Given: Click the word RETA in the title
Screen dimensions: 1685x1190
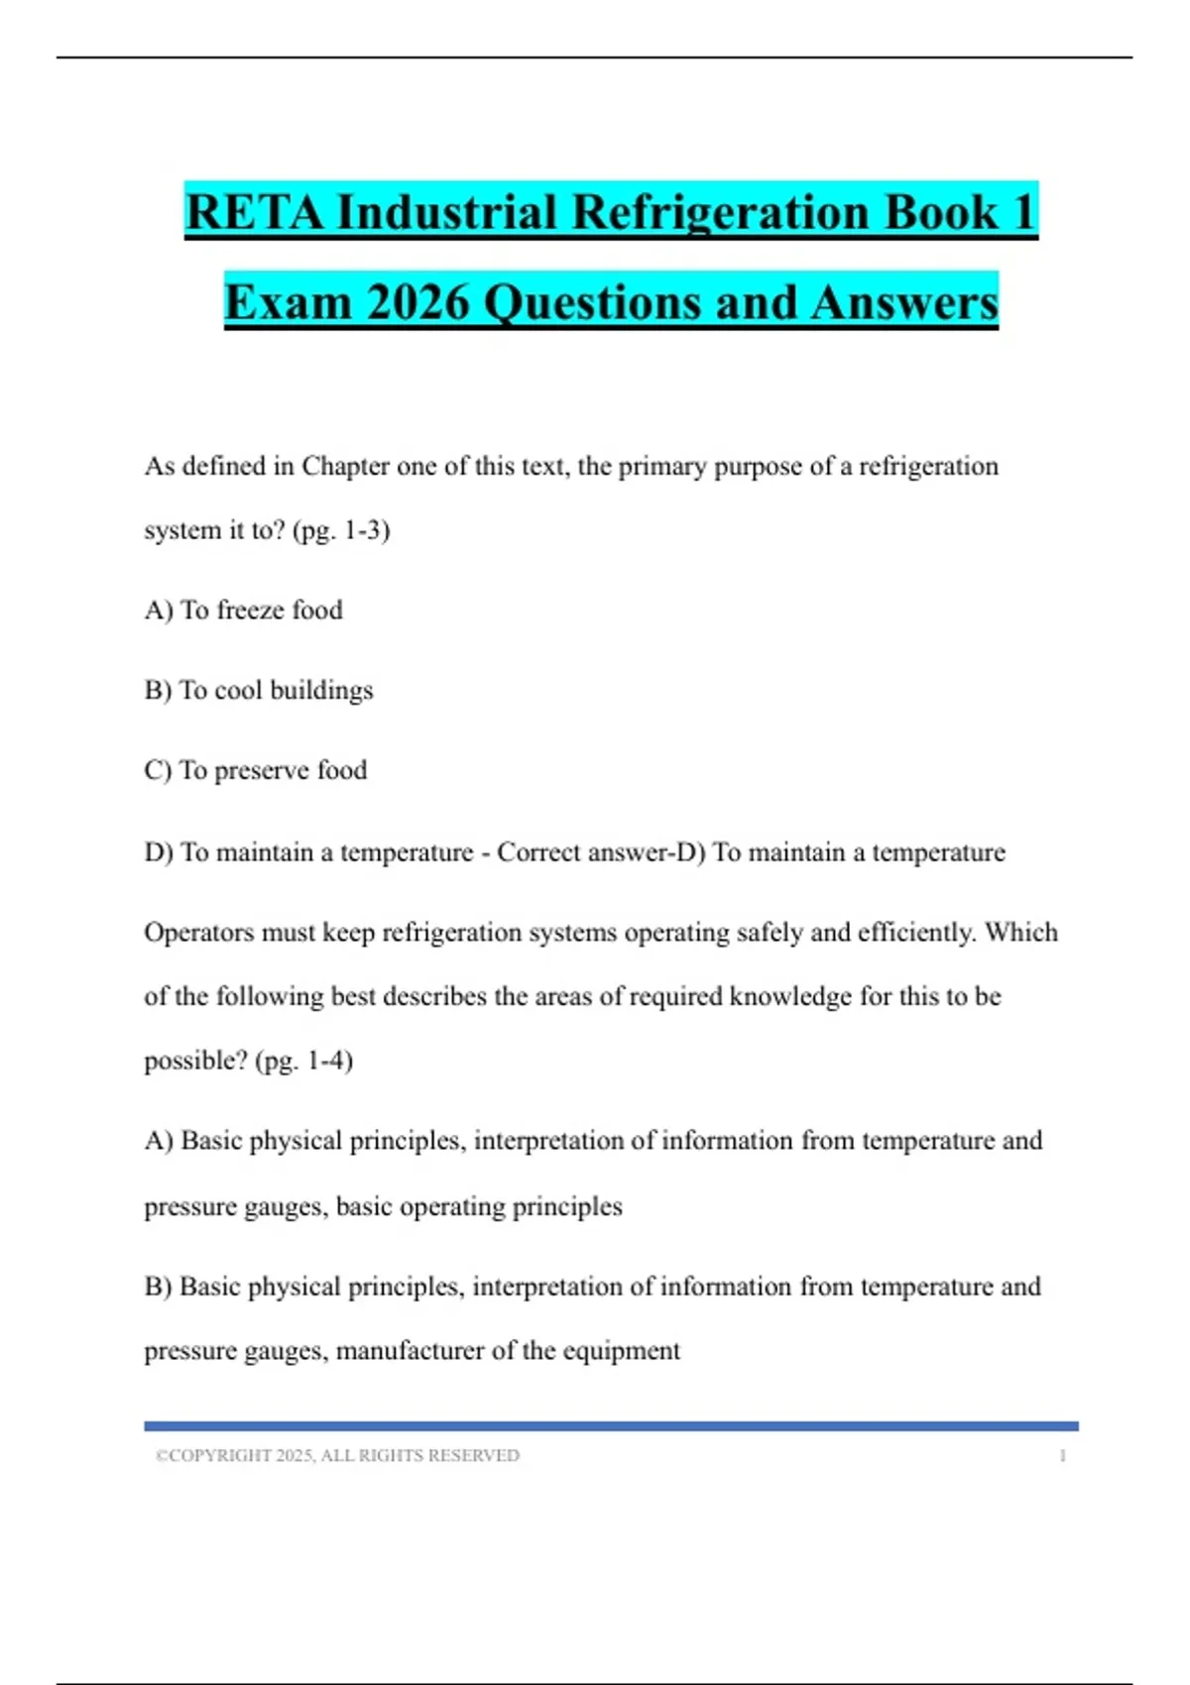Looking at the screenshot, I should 254,212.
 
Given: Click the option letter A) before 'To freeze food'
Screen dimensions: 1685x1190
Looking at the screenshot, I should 159,610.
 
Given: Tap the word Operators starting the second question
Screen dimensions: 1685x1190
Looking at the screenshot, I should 198,933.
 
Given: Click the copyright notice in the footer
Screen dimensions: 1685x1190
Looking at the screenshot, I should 337,1456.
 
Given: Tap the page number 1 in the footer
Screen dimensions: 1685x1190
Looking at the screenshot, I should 1062,1456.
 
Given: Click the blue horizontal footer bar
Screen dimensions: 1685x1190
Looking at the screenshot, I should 611,1426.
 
